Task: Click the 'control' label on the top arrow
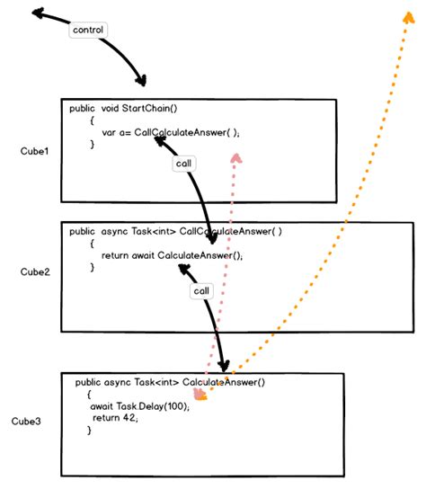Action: pyautogui.click(x=88, y=30)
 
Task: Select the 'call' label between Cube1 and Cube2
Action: pyautogui.click(x=182, y=164)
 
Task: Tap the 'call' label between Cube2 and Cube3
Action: pyautogui.click(x=201, y=292)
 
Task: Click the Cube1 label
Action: pyautogui.click(x=34, y=150)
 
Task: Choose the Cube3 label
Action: pyautogui.click(x=26, y=421)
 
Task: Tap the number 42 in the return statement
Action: pyautogui.click(x=130, y=418)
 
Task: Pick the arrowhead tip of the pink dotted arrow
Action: pyautogui.click(x=236, y=155)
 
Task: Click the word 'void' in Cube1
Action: pyautogui.click(x=111, y=108)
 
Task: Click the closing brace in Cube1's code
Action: pyautogui.click(x=93, y=144)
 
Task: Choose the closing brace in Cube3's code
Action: pyautogui.click(x=89, y=431)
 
